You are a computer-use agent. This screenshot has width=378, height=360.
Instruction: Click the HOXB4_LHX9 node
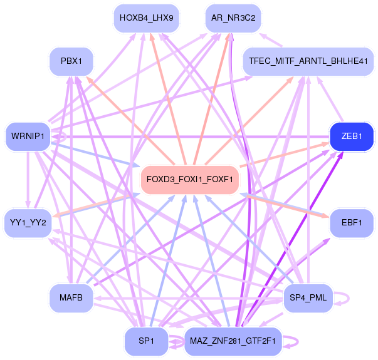pos(147,18)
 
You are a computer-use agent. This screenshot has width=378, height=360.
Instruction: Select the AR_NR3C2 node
pos(233,18)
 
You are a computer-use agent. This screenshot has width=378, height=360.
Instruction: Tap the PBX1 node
pos(71,61)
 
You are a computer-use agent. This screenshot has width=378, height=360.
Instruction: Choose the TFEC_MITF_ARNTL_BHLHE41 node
pos(308,61)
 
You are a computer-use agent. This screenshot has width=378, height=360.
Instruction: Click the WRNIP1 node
pos(28,136)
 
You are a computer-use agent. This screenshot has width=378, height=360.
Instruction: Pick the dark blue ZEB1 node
pos(352,136)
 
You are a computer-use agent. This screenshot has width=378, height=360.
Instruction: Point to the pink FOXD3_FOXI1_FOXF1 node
pos(190,180)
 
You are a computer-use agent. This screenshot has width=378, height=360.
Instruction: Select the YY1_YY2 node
pos(28,223)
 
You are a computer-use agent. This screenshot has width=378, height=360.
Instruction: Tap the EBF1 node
pos(352,223)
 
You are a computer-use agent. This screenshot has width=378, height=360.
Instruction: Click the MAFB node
pos(71,298)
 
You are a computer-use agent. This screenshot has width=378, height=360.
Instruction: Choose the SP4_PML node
pos(308,298)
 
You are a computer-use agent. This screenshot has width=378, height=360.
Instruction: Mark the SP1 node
pos(146,341)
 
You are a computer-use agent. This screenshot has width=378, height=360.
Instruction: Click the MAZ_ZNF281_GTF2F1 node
pos(233,341)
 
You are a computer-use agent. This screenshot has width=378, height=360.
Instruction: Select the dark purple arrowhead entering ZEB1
pos(340,155)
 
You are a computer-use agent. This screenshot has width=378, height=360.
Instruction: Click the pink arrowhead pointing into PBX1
pos(89,80)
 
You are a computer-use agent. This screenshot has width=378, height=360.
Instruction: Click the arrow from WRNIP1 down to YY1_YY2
pos(28,180)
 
